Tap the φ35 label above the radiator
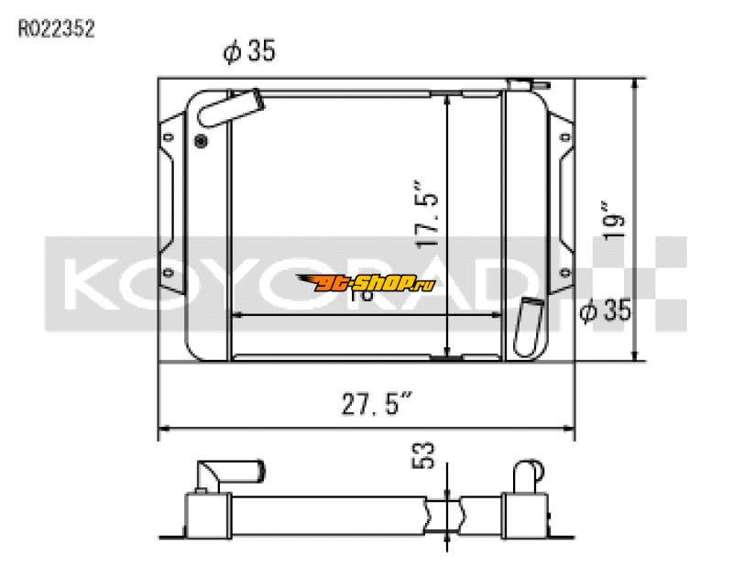click(249, 53)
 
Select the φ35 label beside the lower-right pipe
click(606, 311)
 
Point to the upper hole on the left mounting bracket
click(168, 138)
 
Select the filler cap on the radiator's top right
click(520, 85)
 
